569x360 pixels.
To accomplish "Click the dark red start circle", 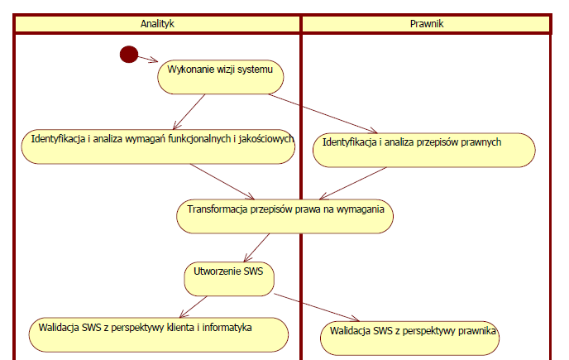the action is pos(129,55).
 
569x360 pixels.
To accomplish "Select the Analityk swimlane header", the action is pos(157,24).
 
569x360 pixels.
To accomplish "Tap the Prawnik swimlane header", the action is pos(427,24).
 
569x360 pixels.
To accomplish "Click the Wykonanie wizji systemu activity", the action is pos(221,77).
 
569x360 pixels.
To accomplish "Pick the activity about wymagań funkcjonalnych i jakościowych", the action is pos(158,146).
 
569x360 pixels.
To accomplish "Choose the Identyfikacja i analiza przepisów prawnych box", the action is pos(423,150).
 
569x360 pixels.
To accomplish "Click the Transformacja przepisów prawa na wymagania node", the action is pos(284,216).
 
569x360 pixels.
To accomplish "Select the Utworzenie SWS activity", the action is pos(229,279).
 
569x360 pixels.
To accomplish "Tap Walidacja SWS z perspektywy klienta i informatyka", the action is pos(159,335).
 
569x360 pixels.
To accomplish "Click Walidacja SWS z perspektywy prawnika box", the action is pos(409,338).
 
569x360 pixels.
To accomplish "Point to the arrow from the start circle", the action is pos(148,59).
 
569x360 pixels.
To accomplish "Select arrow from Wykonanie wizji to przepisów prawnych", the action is pos(323,113).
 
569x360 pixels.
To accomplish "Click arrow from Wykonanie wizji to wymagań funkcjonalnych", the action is pos(189,112).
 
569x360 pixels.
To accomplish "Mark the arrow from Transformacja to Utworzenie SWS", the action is pos(257,247).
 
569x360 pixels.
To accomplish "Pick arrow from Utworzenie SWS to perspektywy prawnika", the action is pos(317,308).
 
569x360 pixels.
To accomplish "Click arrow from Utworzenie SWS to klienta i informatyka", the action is pos(194,307).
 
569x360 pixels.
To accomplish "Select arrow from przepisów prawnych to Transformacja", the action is pos(353,184).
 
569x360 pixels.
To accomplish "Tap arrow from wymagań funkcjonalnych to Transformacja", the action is pos(222,181).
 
